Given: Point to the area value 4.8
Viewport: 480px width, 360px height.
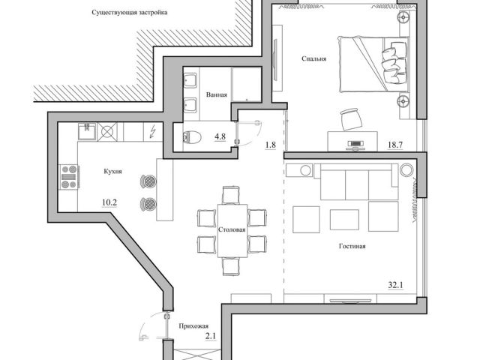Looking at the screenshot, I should [x=220, y=136].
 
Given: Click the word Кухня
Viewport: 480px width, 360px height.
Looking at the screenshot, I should [x=113, y=171].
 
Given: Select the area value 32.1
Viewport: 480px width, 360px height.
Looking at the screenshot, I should [x=395, y=285].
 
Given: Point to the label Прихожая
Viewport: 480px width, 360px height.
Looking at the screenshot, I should [x=193, y=326].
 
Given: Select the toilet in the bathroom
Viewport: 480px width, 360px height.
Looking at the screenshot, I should [x=190, y=136].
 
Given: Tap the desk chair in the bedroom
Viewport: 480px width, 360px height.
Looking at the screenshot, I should [x=350, y=118].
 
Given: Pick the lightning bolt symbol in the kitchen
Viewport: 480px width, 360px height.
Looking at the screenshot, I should [x=152, y=132].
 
